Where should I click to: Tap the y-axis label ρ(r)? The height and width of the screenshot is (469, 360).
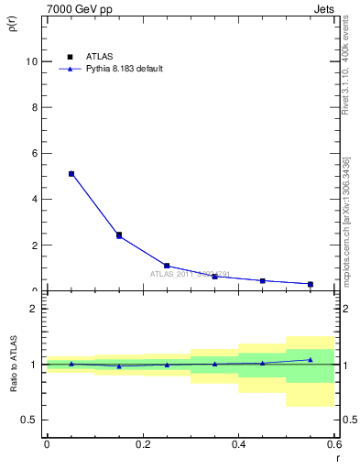pos(13,24)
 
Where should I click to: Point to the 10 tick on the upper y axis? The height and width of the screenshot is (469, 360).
pos(34,61)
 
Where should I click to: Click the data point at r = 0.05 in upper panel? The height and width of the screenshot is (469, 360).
pos(71,173)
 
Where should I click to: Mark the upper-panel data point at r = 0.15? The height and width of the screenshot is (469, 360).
pos(119,235)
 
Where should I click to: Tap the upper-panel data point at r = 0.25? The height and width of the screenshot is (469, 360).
pos(167,266)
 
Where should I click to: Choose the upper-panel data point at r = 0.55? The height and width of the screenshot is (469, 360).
pos(311,284)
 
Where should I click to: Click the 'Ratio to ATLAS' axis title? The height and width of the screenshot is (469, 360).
pos(13,364)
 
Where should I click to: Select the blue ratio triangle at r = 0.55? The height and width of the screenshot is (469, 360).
pos(311,359)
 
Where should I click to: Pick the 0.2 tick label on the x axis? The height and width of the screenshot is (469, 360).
pos(142,444)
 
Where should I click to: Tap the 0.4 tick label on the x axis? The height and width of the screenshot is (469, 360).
pos(238,444)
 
